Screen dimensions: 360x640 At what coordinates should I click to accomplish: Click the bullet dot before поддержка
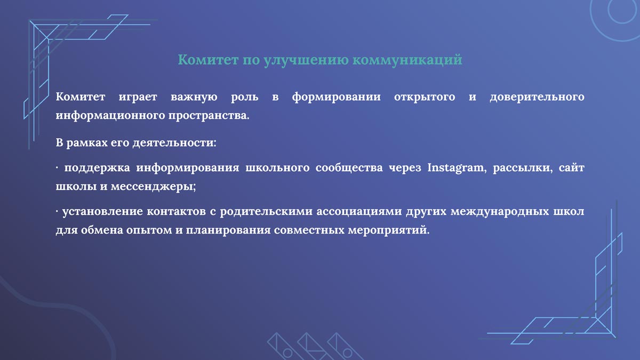(57, 169)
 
